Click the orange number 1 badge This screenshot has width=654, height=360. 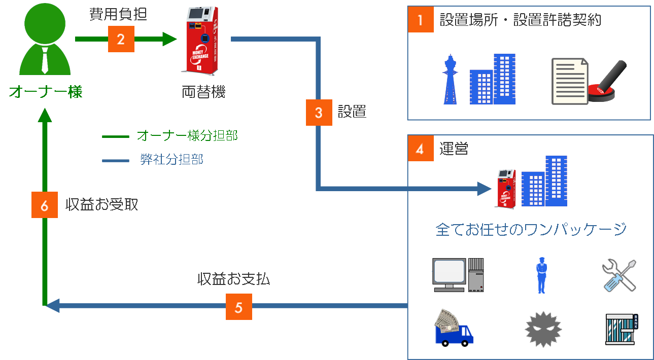click(x=420, y=20)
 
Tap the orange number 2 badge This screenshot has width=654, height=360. click(x=121, y=39)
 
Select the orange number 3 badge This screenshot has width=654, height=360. click(x=319, y=112)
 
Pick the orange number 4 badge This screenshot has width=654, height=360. click(x=420, y=149)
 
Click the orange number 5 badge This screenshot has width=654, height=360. click(x=238, y=307)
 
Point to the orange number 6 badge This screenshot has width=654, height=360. click(x=44, y=205)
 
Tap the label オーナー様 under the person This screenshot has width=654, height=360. click(x=45, y=92)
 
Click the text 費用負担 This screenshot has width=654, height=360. click(x=118, y=15)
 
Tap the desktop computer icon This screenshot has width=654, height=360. click(x=458, y=275)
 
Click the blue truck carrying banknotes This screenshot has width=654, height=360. click(x=454, y=330)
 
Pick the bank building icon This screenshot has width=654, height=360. click(x=622, y=330)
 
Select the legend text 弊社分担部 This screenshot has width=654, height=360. click(x=171, y=160)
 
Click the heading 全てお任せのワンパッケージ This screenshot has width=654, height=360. click(x=531, y=229)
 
